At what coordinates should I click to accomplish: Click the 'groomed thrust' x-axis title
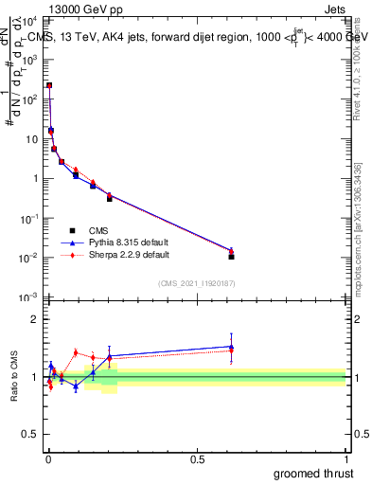(313, 473)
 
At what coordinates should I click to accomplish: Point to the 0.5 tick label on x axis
(197, 458)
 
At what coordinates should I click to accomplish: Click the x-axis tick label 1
(346, 458)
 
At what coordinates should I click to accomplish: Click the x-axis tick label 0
(48, 458)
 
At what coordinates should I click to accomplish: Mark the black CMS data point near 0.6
(232, 257)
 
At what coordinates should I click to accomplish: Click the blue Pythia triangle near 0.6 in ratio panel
(232, 347)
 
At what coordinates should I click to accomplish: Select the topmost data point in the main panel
(49, 85)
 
